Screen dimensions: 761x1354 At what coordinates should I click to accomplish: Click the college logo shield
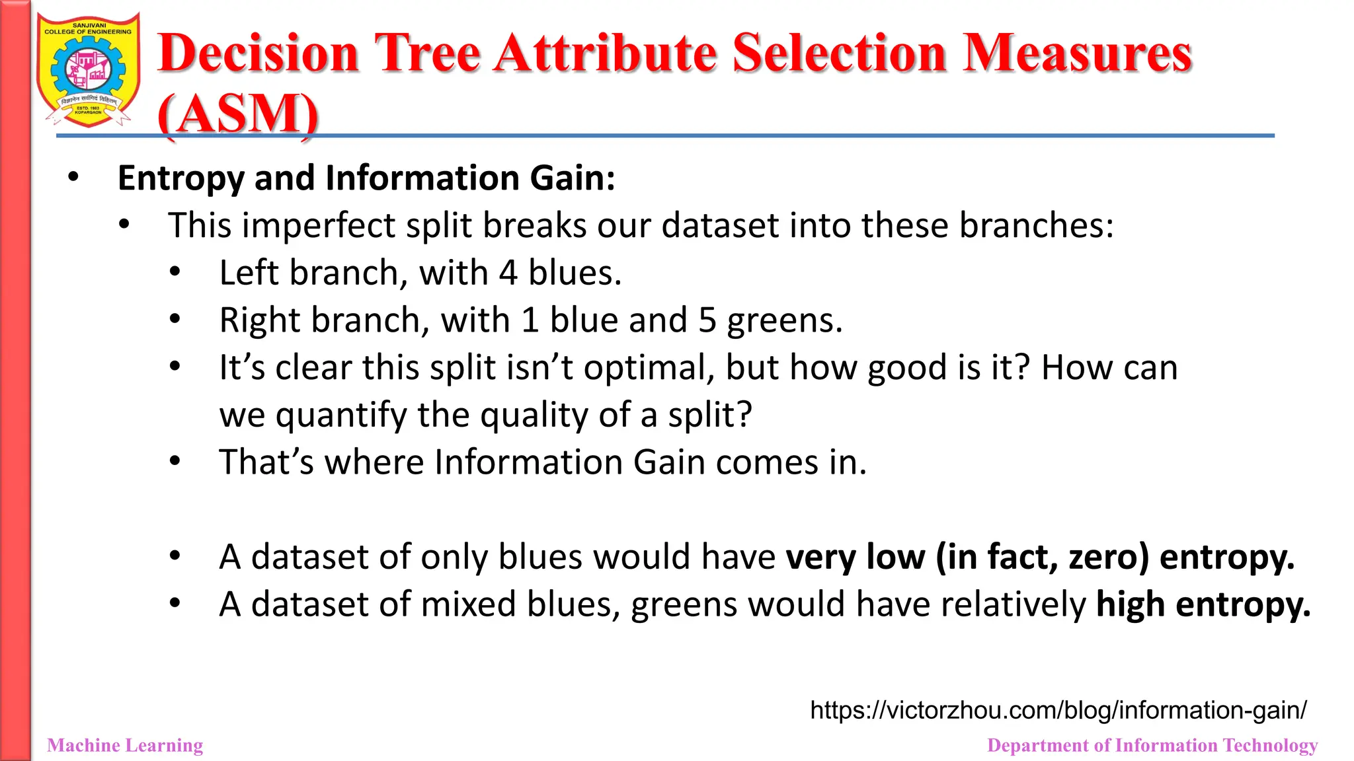[88, 70]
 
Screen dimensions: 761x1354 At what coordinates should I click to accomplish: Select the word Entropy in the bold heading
[180, 179]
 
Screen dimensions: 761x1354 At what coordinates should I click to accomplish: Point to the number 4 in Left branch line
[508, 273]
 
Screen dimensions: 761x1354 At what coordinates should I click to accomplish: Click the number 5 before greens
[707, 321]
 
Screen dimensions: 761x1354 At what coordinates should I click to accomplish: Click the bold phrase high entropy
[1203, 604]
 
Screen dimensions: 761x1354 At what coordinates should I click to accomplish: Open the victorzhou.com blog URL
[1058, 711]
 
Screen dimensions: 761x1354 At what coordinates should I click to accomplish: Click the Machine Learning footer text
[125, 746]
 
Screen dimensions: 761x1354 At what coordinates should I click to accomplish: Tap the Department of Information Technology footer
[1152, 746]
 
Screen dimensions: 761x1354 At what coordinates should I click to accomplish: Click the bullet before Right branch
[175, 320]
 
